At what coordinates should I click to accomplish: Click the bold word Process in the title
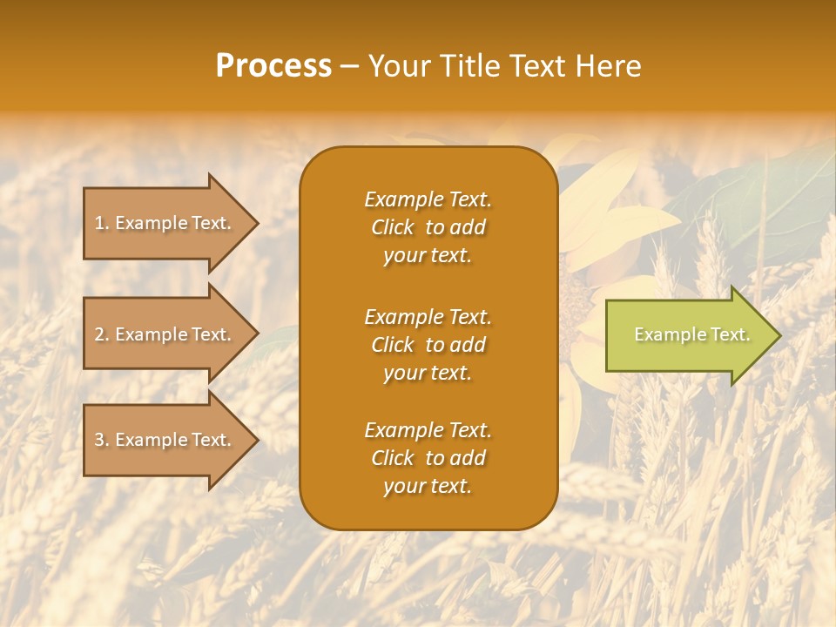coord(273,66)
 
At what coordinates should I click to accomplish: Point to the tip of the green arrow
coord(779,335)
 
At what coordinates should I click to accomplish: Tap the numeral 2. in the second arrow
coord(102,334)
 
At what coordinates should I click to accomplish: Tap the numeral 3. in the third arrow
coord(102,440)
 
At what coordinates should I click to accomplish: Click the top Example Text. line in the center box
coord(428,199)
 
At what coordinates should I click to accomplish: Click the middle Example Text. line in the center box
coord(428,317)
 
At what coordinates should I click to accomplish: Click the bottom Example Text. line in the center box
coord(428,430)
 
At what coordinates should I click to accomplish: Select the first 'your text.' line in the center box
coord(428,256)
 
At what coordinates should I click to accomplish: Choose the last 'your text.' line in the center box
coord(428,487)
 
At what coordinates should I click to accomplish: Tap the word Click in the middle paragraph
coord(392,345)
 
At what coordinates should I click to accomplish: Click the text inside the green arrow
coord(691,334)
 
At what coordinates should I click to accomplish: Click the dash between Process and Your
coord(349,67)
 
